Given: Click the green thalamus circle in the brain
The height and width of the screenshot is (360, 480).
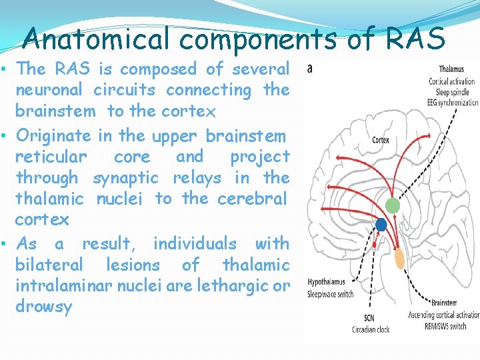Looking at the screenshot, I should pyautogui.click(x=393, y=206).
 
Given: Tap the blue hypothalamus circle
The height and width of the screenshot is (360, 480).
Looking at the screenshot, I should pyautogui.click(x=381, y=225).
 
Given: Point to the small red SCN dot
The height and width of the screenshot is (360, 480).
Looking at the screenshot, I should pyautogui.click(x=374, y=245).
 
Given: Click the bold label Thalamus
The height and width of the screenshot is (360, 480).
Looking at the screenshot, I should pyautogui.click(x=452, y=69).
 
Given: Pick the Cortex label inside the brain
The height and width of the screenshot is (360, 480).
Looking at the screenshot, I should pyautogui.click(x=380, y=140).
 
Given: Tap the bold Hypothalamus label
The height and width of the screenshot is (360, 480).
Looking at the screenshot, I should pyautogui.click(x=327, y=283).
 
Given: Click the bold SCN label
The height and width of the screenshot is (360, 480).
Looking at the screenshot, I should pyautogui.click(x=369, y=318).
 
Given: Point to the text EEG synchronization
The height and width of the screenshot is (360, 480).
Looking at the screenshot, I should pyautogui.click(x=453, y=103).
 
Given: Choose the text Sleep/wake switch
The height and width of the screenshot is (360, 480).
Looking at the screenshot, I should pyautogui.click(x=331, y=293).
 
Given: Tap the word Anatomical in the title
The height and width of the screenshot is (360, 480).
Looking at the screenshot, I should pyautogui.click(x=96, y=40).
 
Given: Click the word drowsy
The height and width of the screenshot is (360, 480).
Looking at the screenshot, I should pyautogui.click(x=43, y=307).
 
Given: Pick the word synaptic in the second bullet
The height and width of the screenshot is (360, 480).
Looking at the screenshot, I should pyautogui.click(x=125, y=178).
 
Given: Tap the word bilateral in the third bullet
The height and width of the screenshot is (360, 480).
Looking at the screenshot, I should pyautogui.click(x=49, y=265).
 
